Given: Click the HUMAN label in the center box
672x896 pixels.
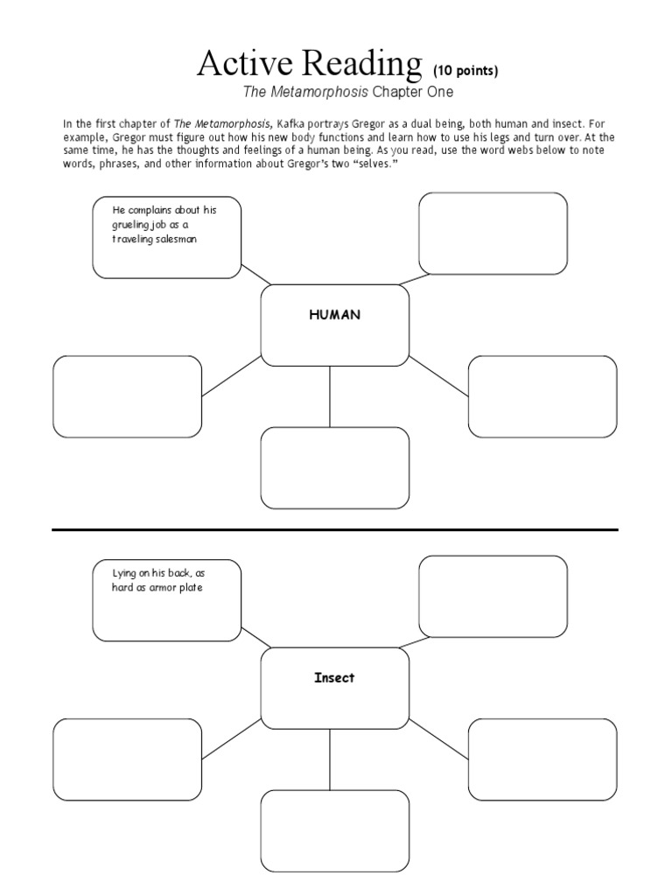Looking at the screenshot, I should coord(334,316).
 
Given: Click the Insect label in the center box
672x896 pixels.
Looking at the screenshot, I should coord(334,678).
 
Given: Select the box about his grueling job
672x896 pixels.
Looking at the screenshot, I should coord(167,237).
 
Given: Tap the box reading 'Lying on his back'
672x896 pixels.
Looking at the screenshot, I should coord(167,599).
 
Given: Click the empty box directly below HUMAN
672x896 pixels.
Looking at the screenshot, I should coord(335,467).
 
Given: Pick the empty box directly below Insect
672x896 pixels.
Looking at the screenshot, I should coord(335,830).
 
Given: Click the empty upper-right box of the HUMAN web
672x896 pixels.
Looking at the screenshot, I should coord(493,233).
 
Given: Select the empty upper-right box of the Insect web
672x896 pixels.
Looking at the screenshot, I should coord(493,596).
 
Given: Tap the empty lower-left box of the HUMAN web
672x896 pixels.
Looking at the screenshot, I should coord(128,396).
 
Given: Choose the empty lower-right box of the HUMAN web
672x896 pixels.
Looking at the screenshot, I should coord(542,396).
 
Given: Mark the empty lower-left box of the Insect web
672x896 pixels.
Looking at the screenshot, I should coord(128,759).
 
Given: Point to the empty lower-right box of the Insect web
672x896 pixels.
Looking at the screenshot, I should coord(542,759).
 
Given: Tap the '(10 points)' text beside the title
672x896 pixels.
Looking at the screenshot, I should coord(465,71).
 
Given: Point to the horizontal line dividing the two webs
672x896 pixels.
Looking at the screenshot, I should coord(335,529).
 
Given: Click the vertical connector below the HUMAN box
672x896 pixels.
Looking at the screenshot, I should coord(330,396).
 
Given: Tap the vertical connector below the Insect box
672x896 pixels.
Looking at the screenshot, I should coord(330,759).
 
